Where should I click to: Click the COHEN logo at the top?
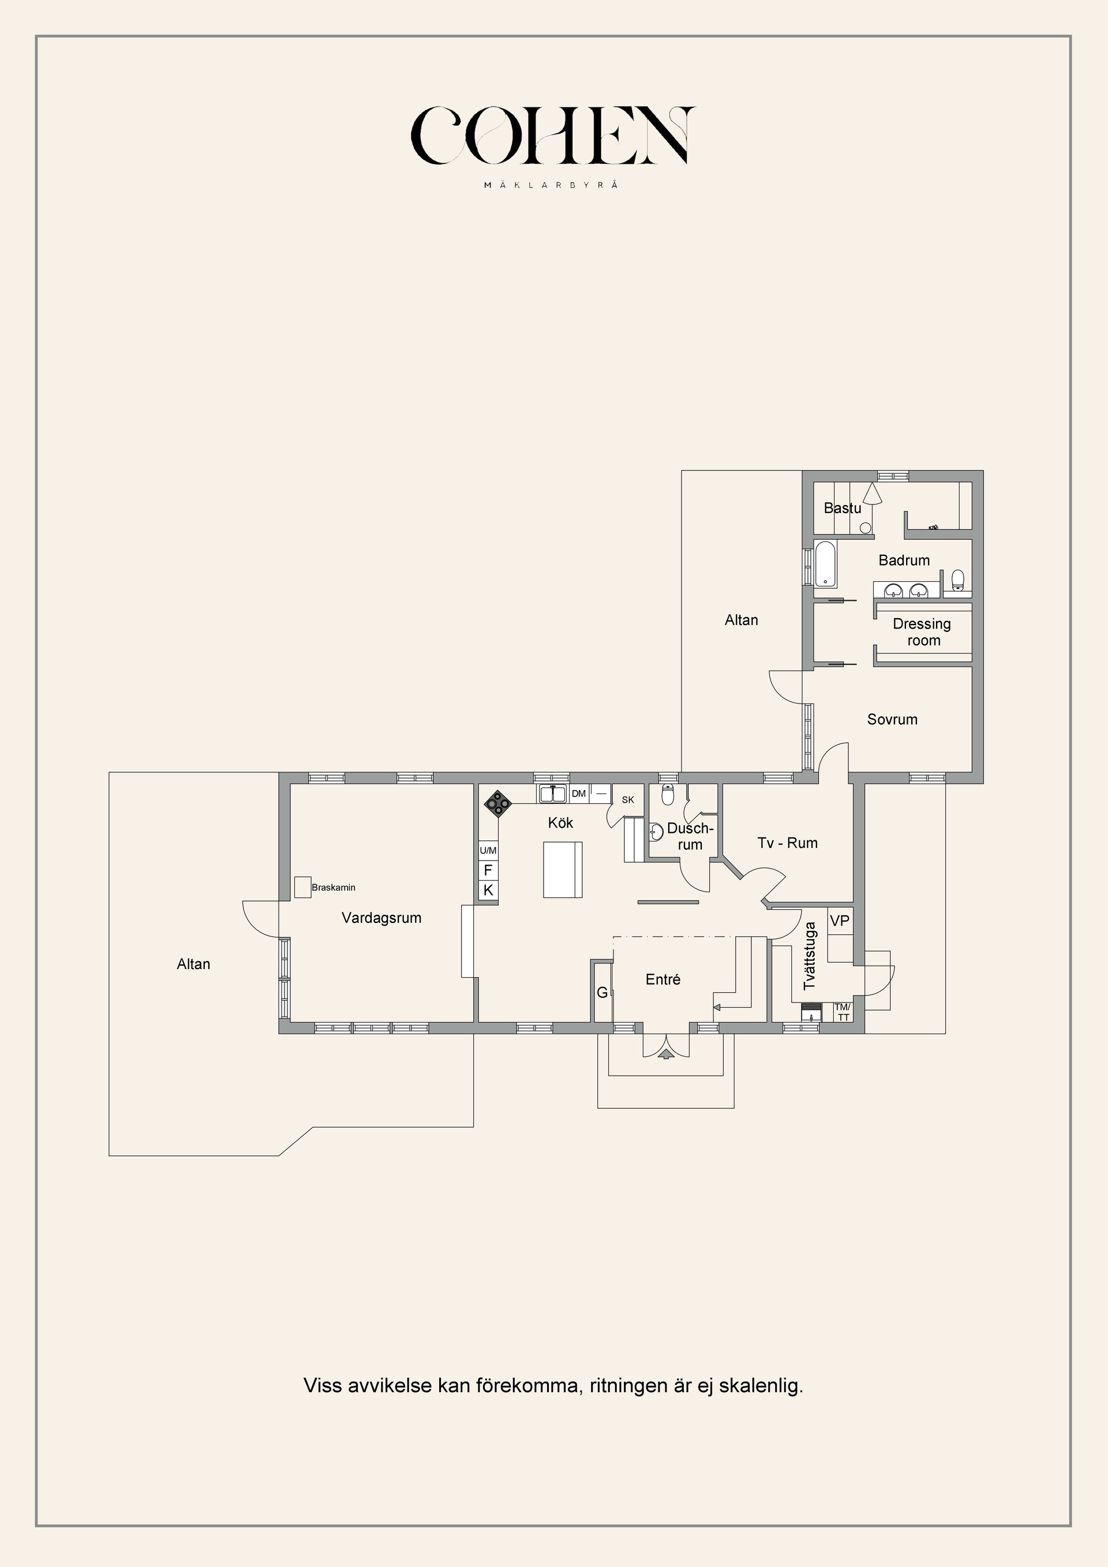pyautogui.click(x=553, y=136)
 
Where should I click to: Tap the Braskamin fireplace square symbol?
pyautogui.click(x=303, y=887)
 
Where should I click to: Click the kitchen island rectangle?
pyautogui.click(x=563, y=869)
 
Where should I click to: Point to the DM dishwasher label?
pyautogui.click(x=579, y=794)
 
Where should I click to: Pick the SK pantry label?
pyautogui.click(x=628, y=799)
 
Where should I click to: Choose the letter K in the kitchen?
pyautogui.click(x=488, y=890)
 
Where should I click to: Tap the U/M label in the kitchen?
pyautogui.click(x=488, y=850)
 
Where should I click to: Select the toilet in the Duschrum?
pyautogui.click(x=668, y=795)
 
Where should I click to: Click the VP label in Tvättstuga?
pyautogui.click(x=840, y=921)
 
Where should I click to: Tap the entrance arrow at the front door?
pyautogui.click(x=666, y=1054)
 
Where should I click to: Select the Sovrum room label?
pyautogui.click(x=892, y=719)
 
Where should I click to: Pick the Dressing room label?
pyautogui.click(x=922, y=632)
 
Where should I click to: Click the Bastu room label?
pyautogui.click(x=842, y=508)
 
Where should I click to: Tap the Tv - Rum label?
pyautogui.click(x=787, y=843)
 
